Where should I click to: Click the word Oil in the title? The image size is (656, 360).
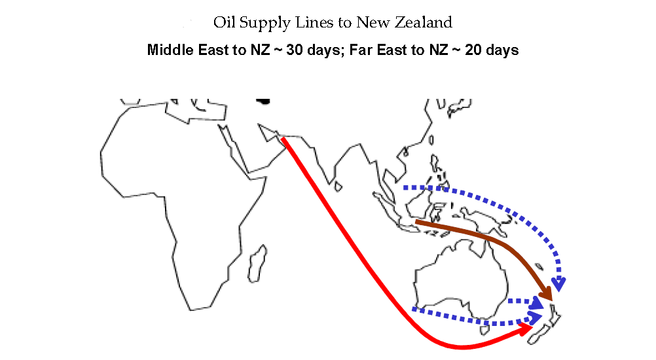tap(223, 23)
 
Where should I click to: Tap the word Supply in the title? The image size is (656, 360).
tap(260, 24)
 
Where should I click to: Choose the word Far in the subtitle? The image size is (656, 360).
tap(362, 50)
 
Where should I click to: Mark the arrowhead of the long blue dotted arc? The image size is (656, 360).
tap(558, 283)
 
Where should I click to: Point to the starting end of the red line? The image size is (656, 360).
tap(283, 139)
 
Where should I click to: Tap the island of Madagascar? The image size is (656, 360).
tap(259, 258)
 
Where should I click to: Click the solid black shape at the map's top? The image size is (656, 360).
tap(263, 101)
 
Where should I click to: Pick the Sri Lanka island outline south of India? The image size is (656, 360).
tap(338, 186)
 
